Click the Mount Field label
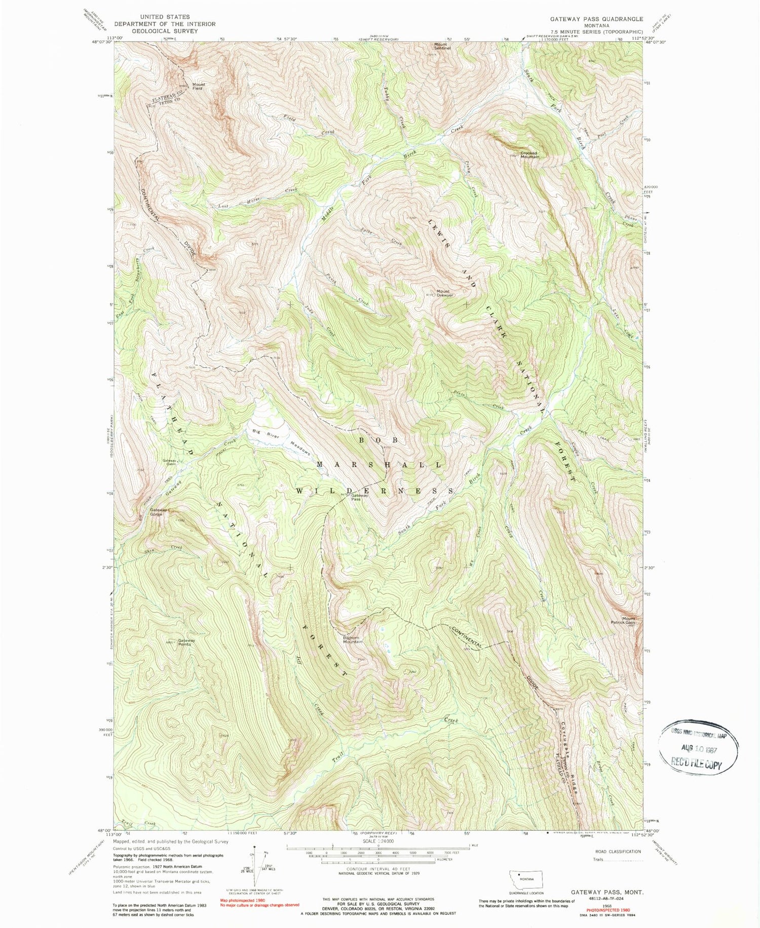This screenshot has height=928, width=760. pyautogui.click(x=198, y=87)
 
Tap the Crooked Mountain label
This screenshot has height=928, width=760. pyautogui.click(x=529, y=155)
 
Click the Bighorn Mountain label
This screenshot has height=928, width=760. pyautogui.click(x=353, y=639)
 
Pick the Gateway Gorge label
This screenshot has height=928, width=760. pyautogui.click(x=157, y=512)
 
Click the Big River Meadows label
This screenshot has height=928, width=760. pyautogui.click(x=281, y=440)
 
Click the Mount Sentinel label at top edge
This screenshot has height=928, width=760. pyautogui.click(x=442, y=46)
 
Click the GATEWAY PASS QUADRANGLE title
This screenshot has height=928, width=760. pyautogui.click(x=597, y=19)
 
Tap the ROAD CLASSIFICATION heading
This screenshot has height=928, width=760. pyautogui.click(x=619, y=852)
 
